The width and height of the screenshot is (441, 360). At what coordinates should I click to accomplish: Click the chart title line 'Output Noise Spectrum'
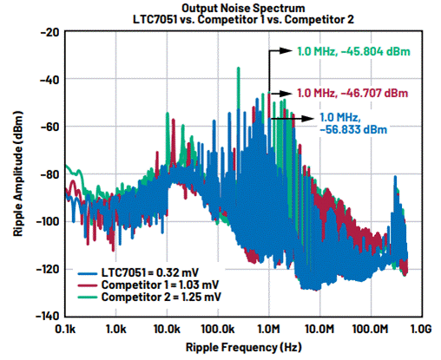[x=243, y=8]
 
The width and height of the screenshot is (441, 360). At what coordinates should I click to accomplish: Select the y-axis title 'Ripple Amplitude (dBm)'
[x=18, y=173]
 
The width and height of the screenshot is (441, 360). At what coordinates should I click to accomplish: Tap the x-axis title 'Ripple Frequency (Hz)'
[x=244, y=347]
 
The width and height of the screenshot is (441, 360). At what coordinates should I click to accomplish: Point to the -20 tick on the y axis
[x=49, y=32]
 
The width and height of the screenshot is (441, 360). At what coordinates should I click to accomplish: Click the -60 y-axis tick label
[x=49, y=127]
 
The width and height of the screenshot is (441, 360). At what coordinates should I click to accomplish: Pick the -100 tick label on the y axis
[x=48, y=221]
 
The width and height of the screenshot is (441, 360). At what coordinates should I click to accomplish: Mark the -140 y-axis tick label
[x=48, y=316]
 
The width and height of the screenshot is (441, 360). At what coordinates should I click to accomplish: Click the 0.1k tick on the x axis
[x=65, y=329]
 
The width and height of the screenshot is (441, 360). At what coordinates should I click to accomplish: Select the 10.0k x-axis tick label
[x=167, y=329]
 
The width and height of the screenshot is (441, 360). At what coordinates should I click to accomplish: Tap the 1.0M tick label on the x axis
[x=269, y=329]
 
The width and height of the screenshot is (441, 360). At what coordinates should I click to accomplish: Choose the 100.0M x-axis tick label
[x=371, y=329]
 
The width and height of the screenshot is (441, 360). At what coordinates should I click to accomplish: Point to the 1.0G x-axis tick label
[x=421, y=329]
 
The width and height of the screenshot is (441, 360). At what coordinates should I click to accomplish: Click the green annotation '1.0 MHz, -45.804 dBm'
[x=354, y=52]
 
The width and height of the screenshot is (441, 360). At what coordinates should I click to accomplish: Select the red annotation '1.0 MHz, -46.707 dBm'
[x=352, y=94]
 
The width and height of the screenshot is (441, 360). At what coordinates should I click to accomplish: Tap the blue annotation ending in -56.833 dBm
[x=353, y=123]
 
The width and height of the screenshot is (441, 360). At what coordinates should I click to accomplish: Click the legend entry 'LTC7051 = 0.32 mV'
[x=138, y=272]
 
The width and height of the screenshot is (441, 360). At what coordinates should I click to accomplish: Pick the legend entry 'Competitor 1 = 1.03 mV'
[x=148, y=285]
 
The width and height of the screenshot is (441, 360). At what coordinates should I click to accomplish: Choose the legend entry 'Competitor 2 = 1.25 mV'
[x=149, y=297]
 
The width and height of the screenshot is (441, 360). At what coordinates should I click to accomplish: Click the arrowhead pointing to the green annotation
[x=286, y=51]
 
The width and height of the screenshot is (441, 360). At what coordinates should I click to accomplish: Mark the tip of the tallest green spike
[x=239, y=68]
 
